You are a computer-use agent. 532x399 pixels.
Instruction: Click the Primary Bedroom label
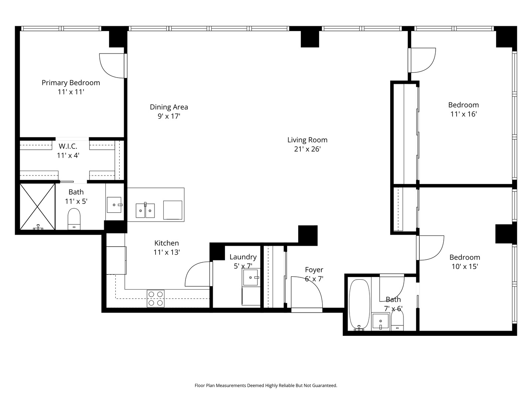[71, 83]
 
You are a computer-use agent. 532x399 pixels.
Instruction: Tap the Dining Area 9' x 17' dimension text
[168, 116]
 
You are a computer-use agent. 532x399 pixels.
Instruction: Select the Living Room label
[307, 140]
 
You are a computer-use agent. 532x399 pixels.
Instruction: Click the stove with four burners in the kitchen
[156, 299]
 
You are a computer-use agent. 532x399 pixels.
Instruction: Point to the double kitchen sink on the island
[145, 211]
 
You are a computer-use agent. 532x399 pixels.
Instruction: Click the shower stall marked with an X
[37, 207]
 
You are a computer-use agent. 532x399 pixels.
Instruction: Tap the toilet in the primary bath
[74, 219]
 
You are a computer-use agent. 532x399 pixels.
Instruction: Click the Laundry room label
[243, 257]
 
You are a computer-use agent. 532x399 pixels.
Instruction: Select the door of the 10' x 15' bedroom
[430, 248]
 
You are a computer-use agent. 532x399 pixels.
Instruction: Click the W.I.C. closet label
[68, 146]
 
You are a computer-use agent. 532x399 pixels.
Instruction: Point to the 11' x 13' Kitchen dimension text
[166, 253]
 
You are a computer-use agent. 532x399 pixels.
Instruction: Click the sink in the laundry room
[251, 277]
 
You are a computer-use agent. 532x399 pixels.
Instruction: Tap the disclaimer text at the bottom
[266, 386]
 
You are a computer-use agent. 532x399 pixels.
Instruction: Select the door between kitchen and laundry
[198, 274]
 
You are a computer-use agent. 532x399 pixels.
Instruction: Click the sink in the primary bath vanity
[114, 205]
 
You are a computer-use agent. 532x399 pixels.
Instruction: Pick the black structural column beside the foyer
[308, 235]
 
